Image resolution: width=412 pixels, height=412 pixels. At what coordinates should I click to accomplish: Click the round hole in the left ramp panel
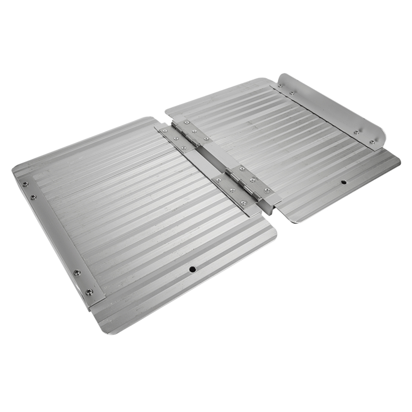pos(192,269)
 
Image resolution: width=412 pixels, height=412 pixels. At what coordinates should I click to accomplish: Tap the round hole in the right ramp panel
pos(343,182)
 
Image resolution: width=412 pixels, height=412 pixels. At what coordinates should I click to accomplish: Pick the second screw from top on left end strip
pos(33,197)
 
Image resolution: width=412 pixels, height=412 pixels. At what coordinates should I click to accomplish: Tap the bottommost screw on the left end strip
pos(89,292)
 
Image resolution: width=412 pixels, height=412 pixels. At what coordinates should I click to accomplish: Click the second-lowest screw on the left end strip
pos(77,272)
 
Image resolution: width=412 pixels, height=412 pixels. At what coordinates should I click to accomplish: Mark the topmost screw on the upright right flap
pos(280,86)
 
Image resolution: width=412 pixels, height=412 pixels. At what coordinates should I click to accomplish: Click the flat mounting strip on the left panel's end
pos(58,239)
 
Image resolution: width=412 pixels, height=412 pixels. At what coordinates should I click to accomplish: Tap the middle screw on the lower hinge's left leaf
pos(232,190)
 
